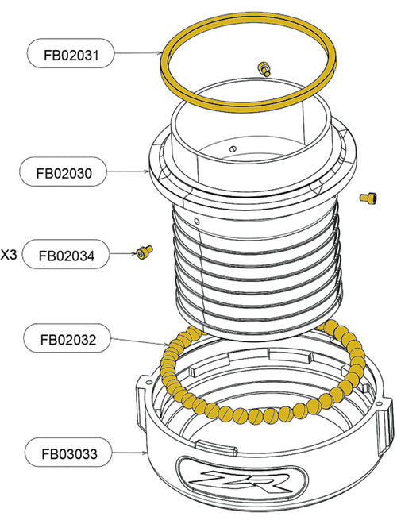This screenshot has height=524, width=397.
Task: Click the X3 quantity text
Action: (9, 256)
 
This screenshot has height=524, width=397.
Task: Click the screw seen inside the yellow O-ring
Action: (264, 69)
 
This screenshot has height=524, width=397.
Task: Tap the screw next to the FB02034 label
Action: (144, 252)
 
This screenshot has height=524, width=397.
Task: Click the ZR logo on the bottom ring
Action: (237, 484)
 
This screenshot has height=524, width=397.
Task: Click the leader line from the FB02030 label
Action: (132, 171)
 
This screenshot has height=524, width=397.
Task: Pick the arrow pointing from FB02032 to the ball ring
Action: (143, 343)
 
